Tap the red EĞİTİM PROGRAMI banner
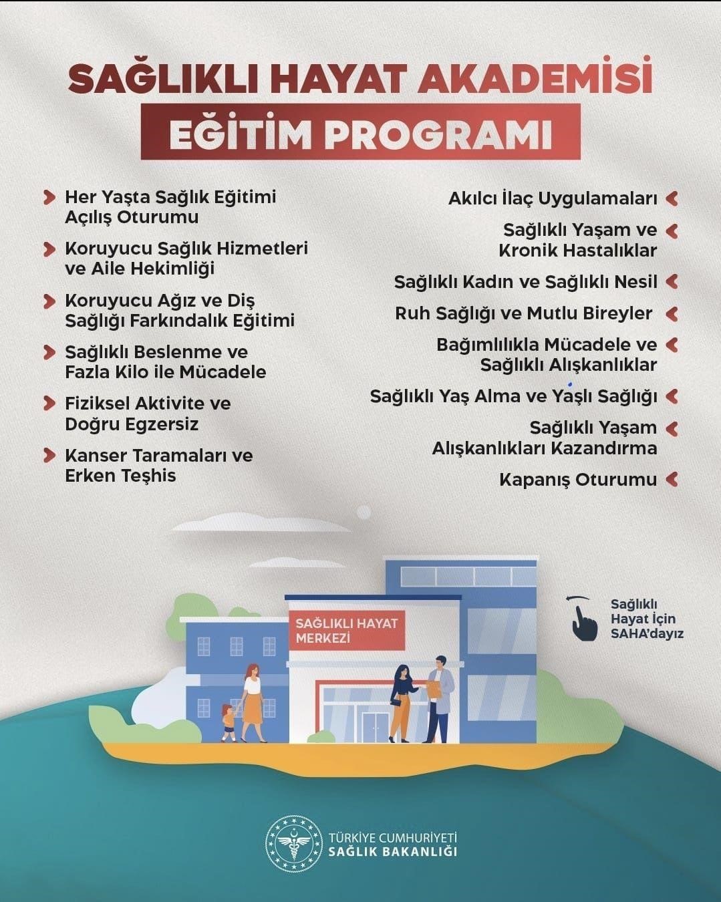pyautogui.click(x=360, y=132)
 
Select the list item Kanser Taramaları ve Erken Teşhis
pyautogui.click(x=158, y=466)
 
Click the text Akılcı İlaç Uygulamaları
pyautogui.click(x=553, y=198)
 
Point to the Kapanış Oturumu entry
pyautogui.click(x=578, y=480)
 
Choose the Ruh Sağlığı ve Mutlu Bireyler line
pyautogui.click(x=523, y=313)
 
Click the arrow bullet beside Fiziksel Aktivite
pyautogui.click(x=49, y=404)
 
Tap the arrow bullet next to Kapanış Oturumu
pyautogui.click(x=672, y=479)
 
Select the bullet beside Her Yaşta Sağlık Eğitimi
pyautogui.click(x=49, y=197)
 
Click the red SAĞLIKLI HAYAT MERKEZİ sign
pyautogui.click(x=346, y=630)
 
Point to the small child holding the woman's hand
pyautogui.click(x=229, y=722)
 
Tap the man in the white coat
pyautogui.click(x=438, y=699)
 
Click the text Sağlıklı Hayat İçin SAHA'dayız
pyautogui.click(x=646, y=619)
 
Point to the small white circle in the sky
pyautogui.click(x=364, y=512)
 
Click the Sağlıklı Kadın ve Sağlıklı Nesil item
pyautogui.click(x=525, y=282)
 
